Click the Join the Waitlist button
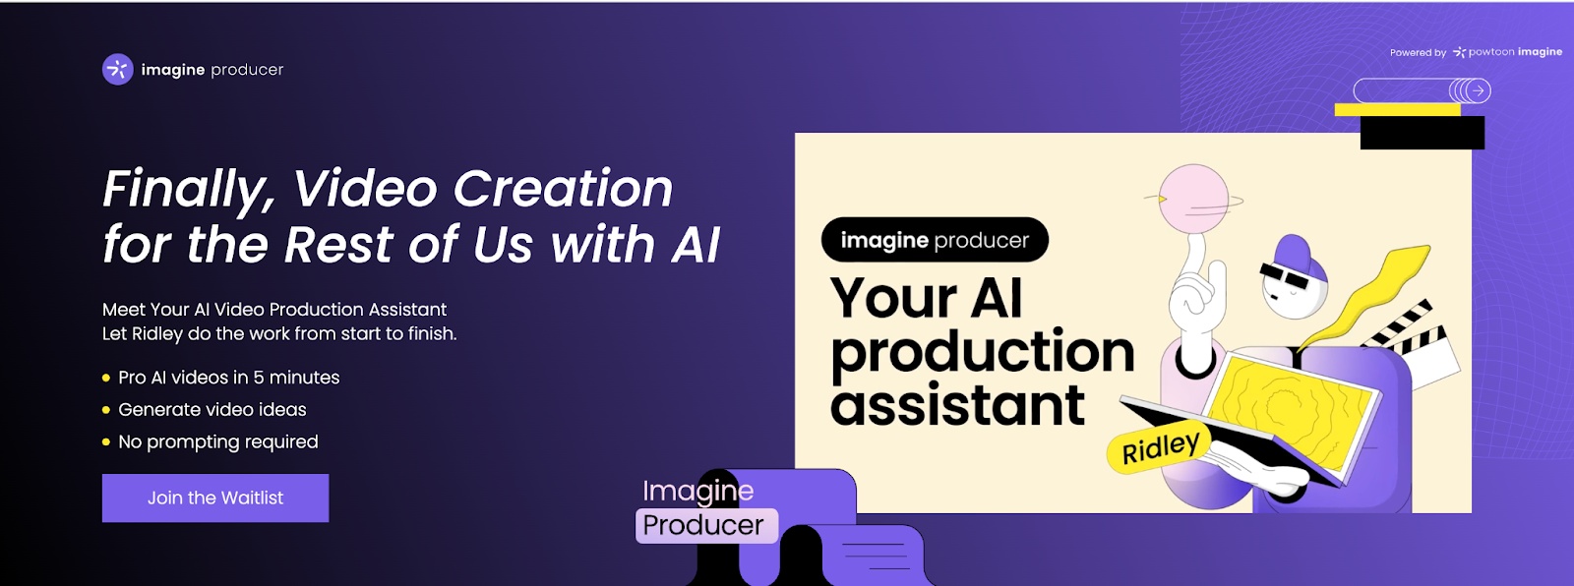pyautogui.click(x=215, y=498)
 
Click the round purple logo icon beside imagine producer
pyautogui.click(x=118, y=69)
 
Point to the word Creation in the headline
pyautogui.click(x=563, y=189)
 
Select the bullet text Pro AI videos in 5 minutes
pyautogui.click(x=228, y=378)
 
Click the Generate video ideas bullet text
pyautogui.click(x=212, y=410)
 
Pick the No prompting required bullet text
pyautogui.click(x=218, y=442)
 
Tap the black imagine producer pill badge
pyautogui.click(x=935, y=240)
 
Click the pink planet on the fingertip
pyautogui.click(x=1193, y=198)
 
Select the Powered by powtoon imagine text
pyautogui.click(x=1476, y=52)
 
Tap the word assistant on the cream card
pyautogui.click(x=957, y=405)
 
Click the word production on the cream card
pyautogui.click(x=982, y=352)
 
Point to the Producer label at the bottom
pyautogui.click(x=704, y=525)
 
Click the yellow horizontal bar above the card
pyautogui.click(x=1397, y=110)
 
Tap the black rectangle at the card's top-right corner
pyautogui.click(x=1422, y=133)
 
